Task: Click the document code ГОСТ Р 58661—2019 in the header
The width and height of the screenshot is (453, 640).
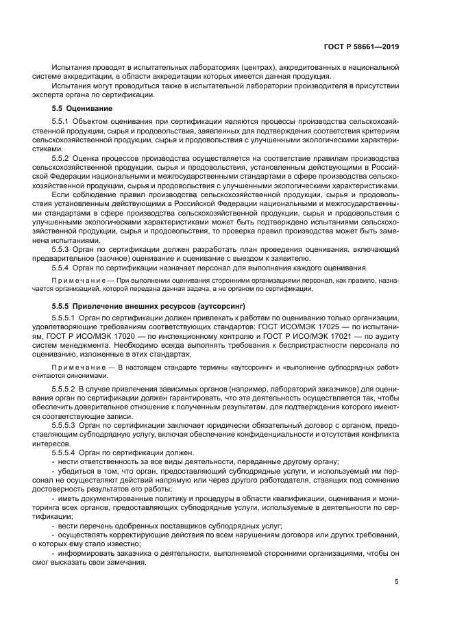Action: pyautogui.click(x=361, y=47)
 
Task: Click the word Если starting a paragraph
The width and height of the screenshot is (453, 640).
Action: pyautogui.click(x=60, y=194)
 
